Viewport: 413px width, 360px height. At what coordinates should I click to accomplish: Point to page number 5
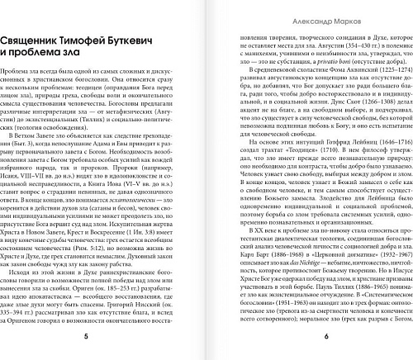[100, 338]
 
